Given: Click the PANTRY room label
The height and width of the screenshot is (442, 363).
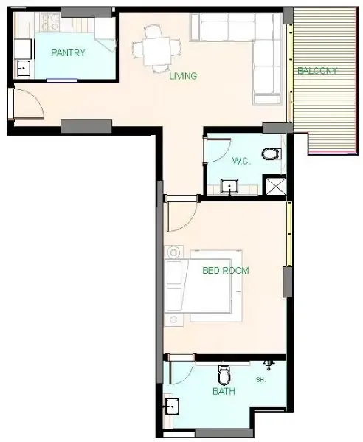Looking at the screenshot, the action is (x=68, y=52).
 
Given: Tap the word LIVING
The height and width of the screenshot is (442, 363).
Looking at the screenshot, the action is (x=183, y=76).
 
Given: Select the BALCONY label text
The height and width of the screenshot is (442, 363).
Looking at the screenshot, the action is (x=317, y=71).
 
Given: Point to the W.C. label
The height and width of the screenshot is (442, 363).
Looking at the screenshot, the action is (x=241, y=161).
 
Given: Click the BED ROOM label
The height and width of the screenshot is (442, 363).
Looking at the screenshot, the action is (x=226, y=271).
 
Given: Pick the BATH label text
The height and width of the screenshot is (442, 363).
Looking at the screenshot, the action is (x=224, y=391).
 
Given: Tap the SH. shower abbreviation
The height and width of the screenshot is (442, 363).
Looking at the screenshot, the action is (x=260, y=380).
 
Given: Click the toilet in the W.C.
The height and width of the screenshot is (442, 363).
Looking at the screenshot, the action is (x=272, y=154).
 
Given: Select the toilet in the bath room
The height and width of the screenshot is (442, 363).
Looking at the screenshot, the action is (x=224, y=375).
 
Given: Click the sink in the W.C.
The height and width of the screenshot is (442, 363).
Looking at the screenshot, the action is (x=229, y=186).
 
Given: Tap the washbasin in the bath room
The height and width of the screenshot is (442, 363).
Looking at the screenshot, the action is (x=172, y=406).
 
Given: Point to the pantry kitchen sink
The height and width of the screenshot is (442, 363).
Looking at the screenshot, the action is (x=24, y=68).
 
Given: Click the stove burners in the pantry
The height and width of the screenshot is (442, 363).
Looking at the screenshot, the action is (x=50, y=22).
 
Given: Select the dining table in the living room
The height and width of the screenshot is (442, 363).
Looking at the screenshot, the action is (x=156, y=52).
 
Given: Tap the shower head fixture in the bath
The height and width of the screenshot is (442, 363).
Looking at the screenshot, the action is (x=269, y=365).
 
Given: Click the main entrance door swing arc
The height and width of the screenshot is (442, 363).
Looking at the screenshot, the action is (x=36, y=98).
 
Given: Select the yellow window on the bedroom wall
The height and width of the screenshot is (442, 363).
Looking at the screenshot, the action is (x=289, y=234).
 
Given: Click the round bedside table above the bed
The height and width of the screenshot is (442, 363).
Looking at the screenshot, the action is (x=173, y=252).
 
